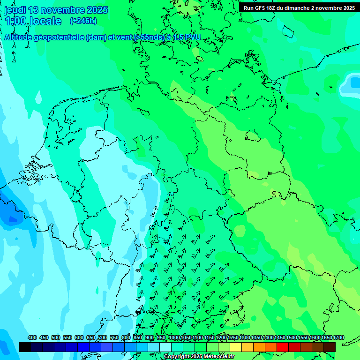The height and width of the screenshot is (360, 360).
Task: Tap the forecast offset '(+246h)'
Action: pyautogui.click(x=83, y=21)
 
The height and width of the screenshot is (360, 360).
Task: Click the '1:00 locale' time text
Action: pyautogui.click(x=33, y=21)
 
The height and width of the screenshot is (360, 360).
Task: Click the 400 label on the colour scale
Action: pyautogui.click(x=32, y=337)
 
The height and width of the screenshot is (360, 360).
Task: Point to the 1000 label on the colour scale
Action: pyautogui.click(x=174, y=337)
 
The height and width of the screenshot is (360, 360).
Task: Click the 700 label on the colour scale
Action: pyautogui.click(x=103, y=337)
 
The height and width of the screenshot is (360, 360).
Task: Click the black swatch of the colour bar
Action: pyautogui.click(x=25, y=347)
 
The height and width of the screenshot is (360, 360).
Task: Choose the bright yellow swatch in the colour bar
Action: pyautogui.click(x=236, y=347)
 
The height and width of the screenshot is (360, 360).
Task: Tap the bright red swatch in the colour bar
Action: pyautogui.click(x=283, y=347)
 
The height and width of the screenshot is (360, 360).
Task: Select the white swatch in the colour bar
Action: pyautogui.click(x=165, y=347)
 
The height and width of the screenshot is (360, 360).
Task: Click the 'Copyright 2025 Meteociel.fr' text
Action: pyautogui.click(x=199, y=357)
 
